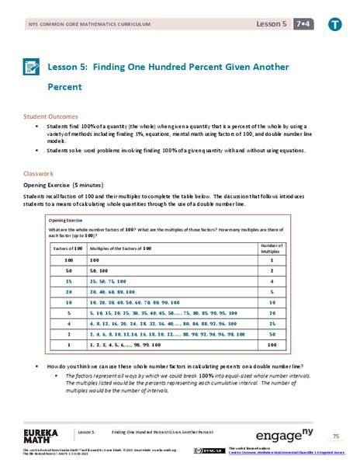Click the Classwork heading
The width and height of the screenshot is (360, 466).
[39, 174]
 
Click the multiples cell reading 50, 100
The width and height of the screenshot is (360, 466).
[100, 270]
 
